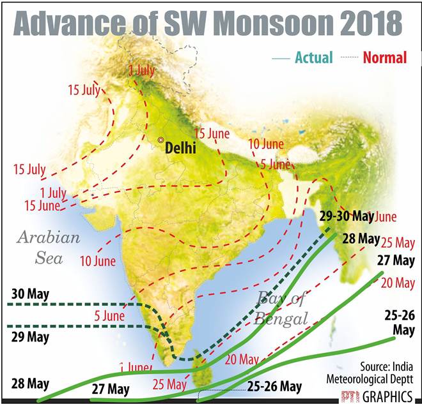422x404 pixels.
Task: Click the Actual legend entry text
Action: point(313,57)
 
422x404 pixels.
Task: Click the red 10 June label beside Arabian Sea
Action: point(98,261)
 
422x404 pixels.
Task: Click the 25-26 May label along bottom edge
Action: point(274,387)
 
